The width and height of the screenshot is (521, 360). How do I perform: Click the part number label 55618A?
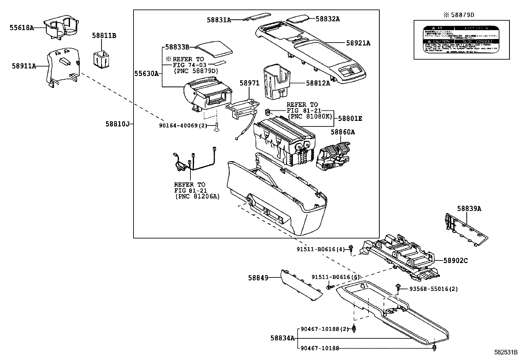click(x=22, y=28)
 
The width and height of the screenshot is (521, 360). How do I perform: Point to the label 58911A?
click(x=24, y=66)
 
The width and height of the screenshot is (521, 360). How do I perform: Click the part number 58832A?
click(x=328, y=19)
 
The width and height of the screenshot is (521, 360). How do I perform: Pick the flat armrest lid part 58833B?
click(x=214, y=48)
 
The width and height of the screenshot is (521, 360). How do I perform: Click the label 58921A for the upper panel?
click(x=358, y=43)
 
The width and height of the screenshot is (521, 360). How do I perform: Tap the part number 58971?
click(x=249, y=83)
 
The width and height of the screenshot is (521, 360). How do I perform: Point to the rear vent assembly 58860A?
click(x=333, y=156)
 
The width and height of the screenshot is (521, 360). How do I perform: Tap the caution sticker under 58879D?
click(x=461, y=40)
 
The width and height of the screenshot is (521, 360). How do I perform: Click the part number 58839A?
click(x=469, y=208)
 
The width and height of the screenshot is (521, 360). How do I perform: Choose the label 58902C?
click(x=456, y=261)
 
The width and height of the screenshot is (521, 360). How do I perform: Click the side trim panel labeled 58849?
click(x=300, y=284)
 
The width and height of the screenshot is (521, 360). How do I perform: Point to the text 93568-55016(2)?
click(x=434, y=289)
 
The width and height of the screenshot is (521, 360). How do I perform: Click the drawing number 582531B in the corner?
click(x=505, y=353)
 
